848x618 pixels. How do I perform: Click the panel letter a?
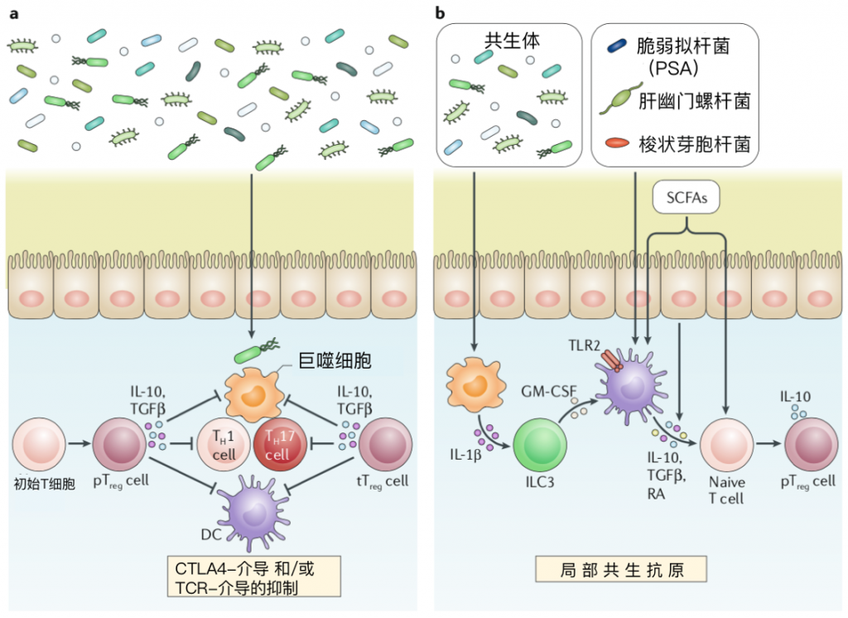click(x=10, y=11)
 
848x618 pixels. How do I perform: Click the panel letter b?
click(x=440, y=11)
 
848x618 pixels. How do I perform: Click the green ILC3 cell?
click(x=541, y=443)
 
